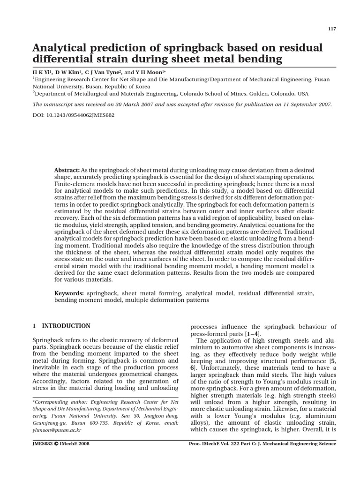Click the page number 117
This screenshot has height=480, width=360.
click(332, 29)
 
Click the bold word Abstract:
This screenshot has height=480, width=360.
click(67, 169)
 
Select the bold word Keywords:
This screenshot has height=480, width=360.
click(69, 293)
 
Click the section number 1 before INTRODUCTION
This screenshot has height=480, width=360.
click(34, 326)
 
